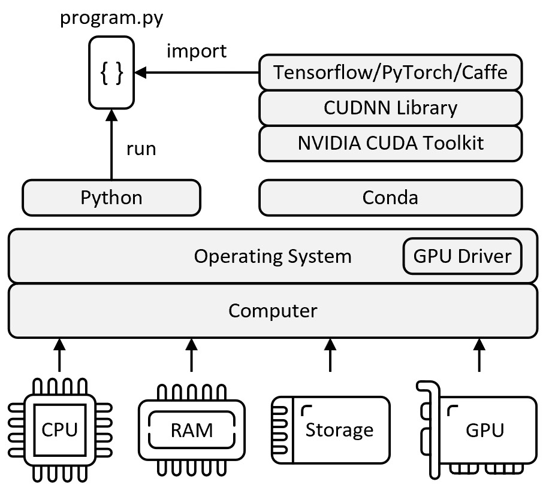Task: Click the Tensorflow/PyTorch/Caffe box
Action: [x=390, y=72]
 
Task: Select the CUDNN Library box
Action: [x=390, y=108]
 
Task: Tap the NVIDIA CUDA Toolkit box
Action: [x=390, y=143]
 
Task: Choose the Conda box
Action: [x=390, y=198]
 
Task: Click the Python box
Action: [x=111, y=198]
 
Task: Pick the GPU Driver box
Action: [x=462, y=256]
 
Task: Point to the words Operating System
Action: [x=273, y=256]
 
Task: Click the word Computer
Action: [x=273, y=311]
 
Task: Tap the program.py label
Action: [x=111, y=18]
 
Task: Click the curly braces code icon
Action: [x=111, y=72]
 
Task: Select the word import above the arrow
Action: [x=197, y=51]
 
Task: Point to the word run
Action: [x=141, y=149]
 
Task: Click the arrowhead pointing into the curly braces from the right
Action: [x=140, y=72]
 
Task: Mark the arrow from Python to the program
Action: [x=111, y=144]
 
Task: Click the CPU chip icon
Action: [x=60, y=430]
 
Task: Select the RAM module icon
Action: [x=192, y=430]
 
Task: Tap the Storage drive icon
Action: [x=330, y=430]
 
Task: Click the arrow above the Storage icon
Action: [x=330, y=355]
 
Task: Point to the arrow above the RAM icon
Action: [x=192, y=355]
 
